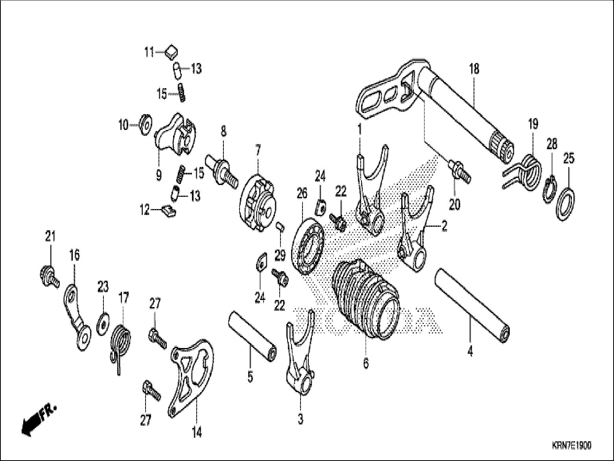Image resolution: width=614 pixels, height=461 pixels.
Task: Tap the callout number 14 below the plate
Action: pyautogui.click(x=197, y=433)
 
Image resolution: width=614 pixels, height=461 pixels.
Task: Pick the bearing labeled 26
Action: pyautogui.click(x=308, y=246)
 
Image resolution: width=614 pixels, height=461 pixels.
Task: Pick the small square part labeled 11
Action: pyautogui.click(x=171, y=52)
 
